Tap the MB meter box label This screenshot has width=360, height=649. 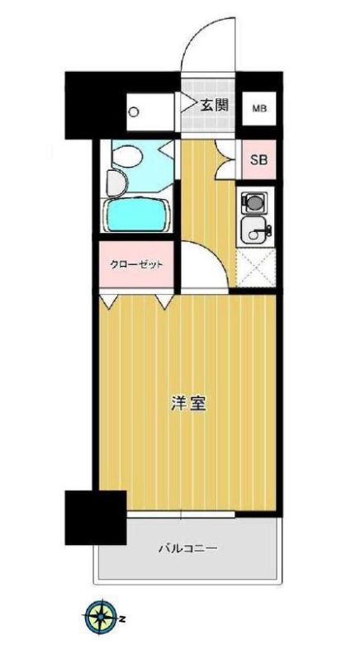coord(258,108)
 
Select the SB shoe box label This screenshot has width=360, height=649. coord(258,161)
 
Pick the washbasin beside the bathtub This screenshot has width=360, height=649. coord(116,182)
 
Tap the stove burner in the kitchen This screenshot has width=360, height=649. coord(253,201)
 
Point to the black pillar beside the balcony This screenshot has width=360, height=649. coord(96,517)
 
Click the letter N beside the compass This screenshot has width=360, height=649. coord(122,617)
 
